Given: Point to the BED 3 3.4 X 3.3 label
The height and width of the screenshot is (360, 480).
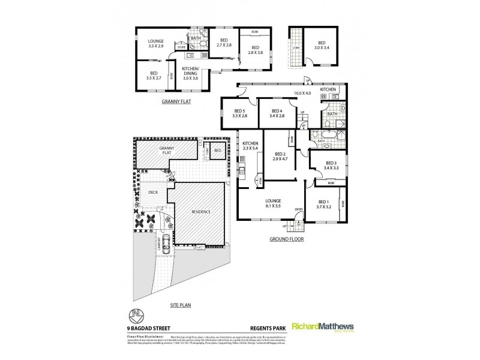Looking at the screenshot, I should (331, 166).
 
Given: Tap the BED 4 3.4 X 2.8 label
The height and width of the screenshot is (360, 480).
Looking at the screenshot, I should (277, 113).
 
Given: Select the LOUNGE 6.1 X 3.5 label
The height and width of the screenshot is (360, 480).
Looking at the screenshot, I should (272, 203).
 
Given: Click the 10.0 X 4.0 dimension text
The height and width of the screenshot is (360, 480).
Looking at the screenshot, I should (302, 92).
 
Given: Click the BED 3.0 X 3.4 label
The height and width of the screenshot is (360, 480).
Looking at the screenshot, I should (322, 45).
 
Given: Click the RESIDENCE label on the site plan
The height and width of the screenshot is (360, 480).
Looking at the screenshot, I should (200, 212).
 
